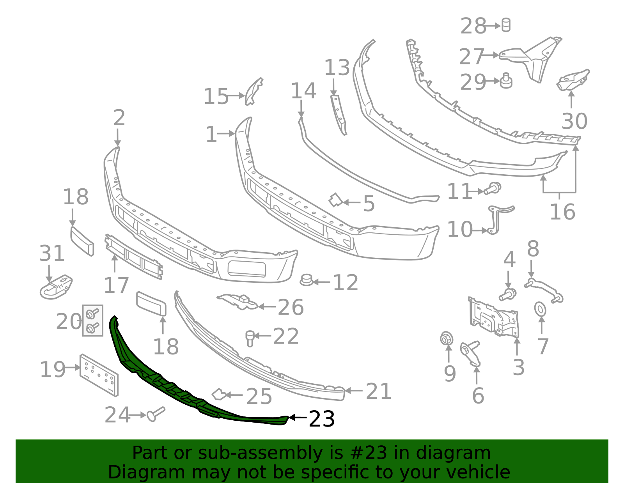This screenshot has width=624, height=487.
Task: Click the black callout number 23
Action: coord(321,419)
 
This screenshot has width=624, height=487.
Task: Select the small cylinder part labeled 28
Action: coord(506,25)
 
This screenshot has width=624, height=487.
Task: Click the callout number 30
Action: coord(574,121)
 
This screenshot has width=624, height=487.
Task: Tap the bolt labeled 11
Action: coord(493,189)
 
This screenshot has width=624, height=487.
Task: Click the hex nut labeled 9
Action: coord(446,338)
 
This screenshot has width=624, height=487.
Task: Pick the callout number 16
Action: coord(562,212)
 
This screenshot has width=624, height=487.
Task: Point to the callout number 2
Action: coord(119,118)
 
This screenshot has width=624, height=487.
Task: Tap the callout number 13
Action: coord(337,68)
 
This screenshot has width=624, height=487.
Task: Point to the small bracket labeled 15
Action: coord(253,91)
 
